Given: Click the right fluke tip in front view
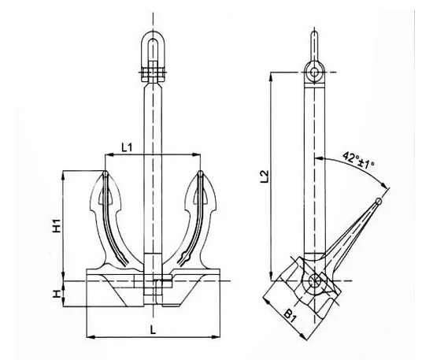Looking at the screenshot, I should click(202, 173).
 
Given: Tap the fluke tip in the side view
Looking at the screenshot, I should click(380, 201).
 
